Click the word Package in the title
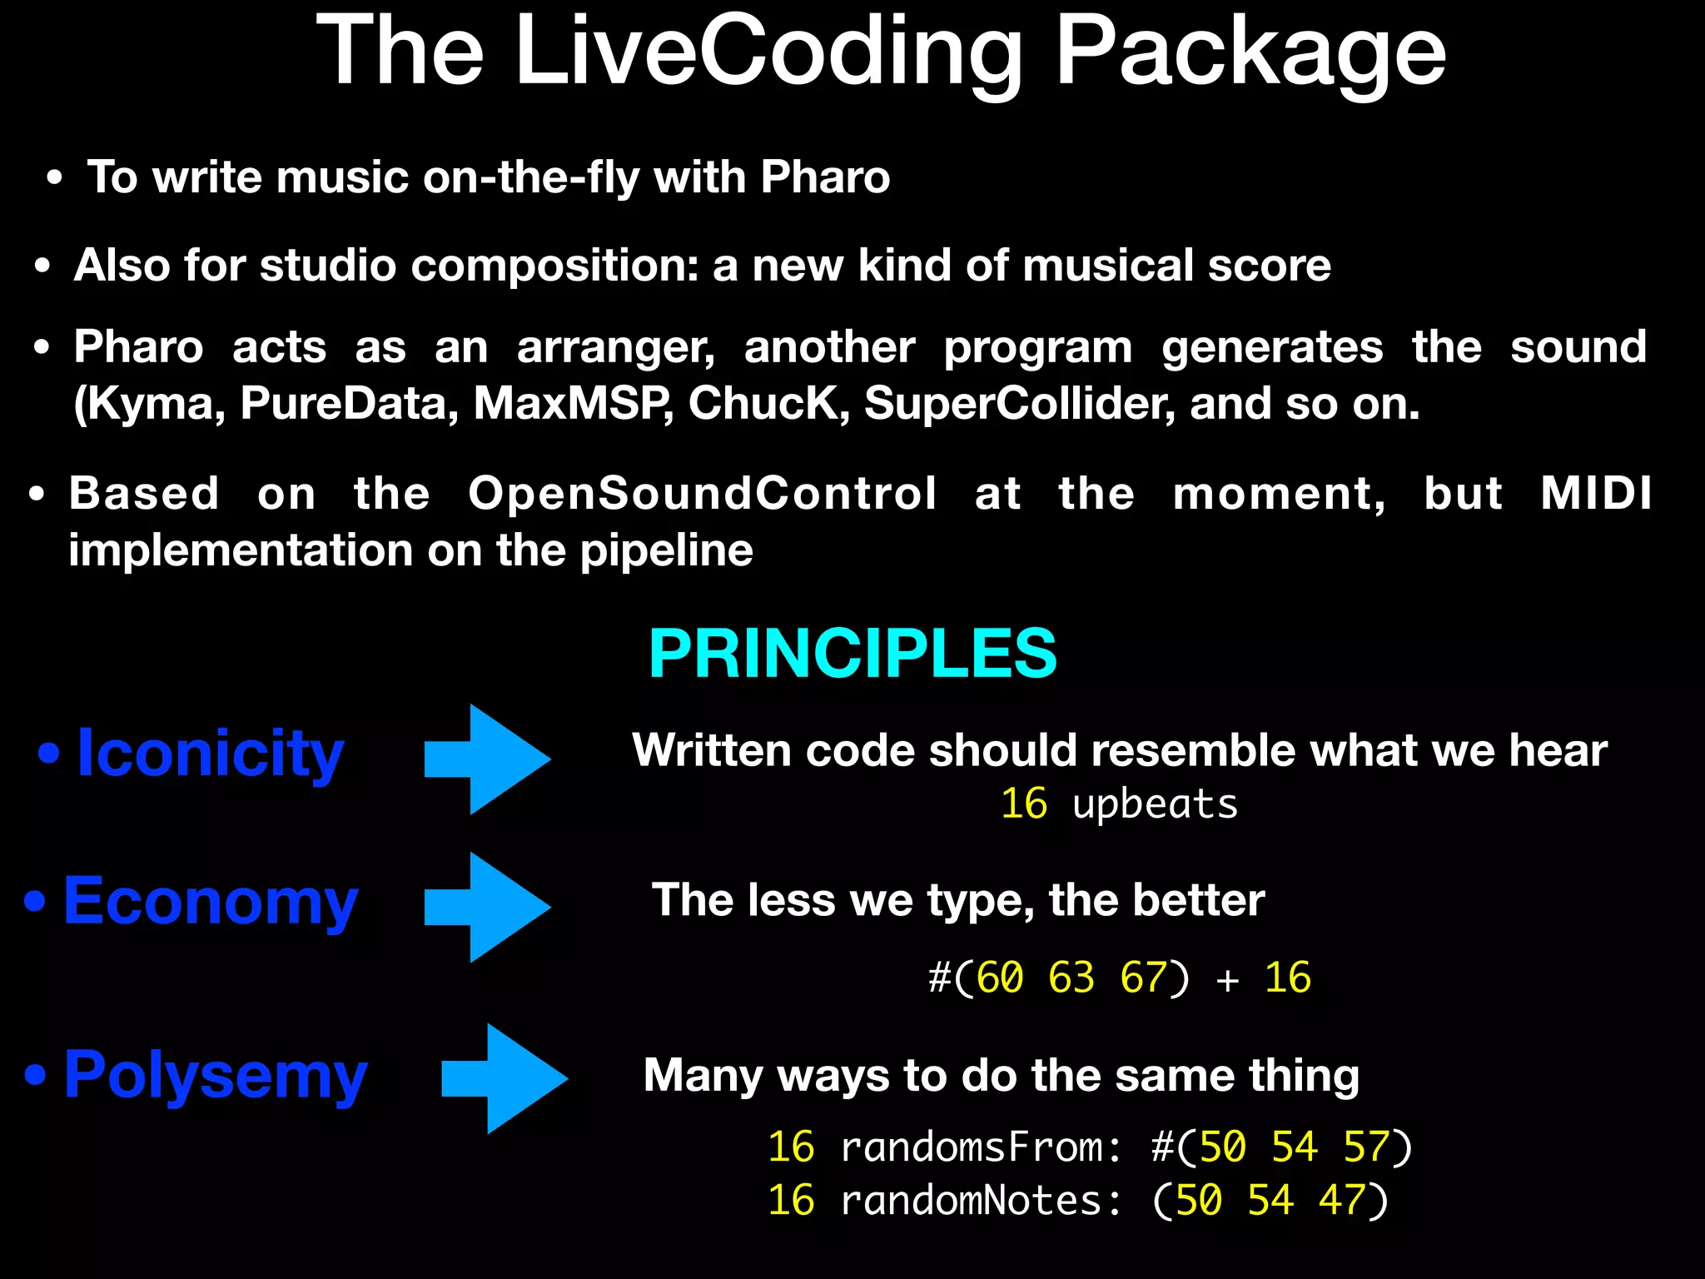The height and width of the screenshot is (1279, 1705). (1250, 52)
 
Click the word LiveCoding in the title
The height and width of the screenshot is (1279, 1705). (768, 52)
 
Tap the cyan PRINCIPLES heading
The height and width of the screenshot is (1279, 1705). (852, 654)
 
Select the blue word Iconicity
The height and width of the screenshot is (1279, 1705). (210, 754)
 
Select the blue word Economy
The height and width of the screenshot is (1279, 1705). (211, 902)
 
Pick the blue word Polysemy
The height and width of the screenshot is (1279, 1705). (215, 1076)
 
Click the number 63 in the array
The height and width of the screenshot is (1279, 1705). (1071, 978)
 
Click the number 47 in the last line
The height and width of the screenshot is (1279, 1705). (1341, 1201)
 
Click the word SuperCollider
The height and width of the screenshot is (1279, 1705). (1020, 405)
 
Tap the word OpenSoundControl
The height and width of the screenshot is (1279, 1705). (703, 494)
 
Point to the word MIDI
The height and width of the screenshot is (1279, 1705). (1596, 494)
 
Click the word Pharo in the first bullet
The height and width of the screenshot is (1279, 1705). (825, 177)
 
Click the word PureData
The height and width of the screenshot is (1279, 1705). (350, 405)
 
